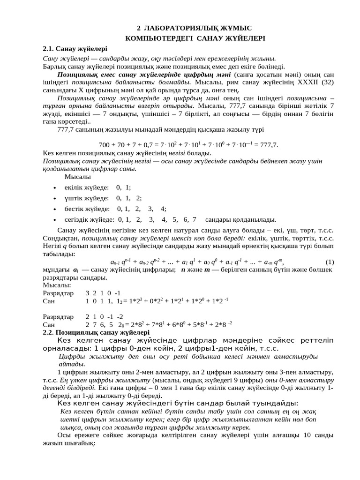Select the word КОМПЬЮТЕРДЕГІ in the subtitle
click(154, 38)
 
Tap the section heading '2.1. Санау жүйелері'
click(75, 48)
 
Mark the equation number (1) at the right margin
click(329, 262)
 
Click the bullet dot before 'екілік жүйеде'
click(55, 188)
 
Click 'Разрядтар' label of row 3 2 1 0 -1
click(58, 293)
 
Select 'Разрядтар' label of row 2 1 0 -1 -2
click(58, 316)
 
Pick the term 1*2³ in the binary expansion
click(138, 301)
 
